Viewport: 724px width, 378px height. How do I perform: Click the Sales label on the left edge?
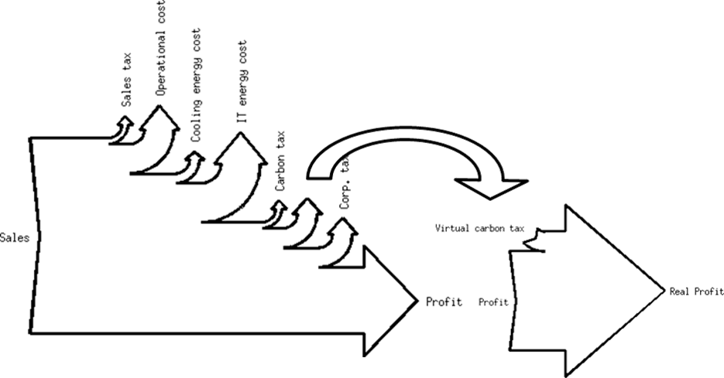(x=15, y=237)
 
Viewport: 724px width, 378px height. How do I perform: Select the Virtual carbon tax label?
(x=480, y=229)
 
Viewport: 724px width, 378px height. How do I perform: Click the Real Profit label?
(x=695, y=291)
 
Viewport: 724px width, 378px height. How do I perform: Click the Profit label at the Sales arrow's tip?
(x=444, y=301)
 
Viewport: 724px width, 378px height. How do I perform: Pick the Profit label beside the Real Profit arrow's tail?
(x=493, y=302)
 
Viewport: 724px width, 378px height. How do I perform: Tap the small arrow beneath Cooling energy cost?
(x=193, y=163)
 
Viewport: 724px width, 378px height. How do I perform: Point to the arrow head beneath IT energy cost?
(x=235, y=146)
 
